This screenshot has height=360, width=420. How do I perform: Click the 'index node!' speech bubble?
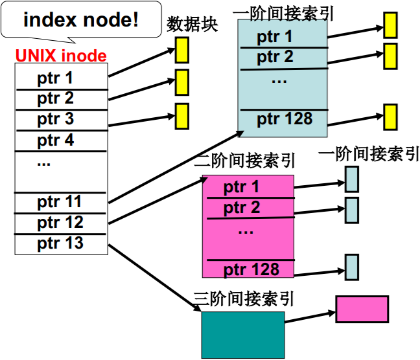81,20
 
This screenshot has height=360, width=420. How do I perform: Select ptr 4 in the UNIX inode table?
56,140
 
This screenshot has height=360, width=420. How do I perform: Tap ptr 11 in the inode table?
60,202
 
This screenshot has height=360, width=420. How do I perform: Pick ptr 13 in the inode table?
60,243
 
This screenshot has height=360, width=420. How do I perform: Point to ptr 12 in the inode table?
60,223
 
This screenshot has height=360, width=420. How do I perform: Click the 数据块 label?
192,25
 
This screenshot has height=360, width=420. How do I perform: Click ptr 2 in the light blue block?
275,58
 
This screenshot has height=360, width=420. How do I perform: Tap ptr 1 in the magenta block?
241,188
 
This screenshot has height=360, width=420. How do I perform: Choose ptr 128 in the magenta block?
250,269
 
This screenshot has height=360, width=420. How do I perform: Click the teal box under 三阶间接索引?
242,335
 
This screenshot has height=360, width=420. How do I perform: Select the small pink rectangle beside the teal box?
362,309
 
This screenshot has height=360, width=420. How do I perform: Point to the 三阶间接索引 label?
244,298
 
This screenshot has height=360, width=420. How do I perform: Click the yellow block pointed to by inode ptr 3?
181,116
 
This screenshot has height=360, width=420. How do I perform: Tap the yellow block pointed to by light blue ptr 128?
389,117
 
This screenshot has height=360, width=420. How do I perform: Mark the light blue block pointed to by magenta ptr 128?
351,267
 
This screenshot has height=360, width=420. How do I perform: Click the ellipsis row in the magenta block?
245,230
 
